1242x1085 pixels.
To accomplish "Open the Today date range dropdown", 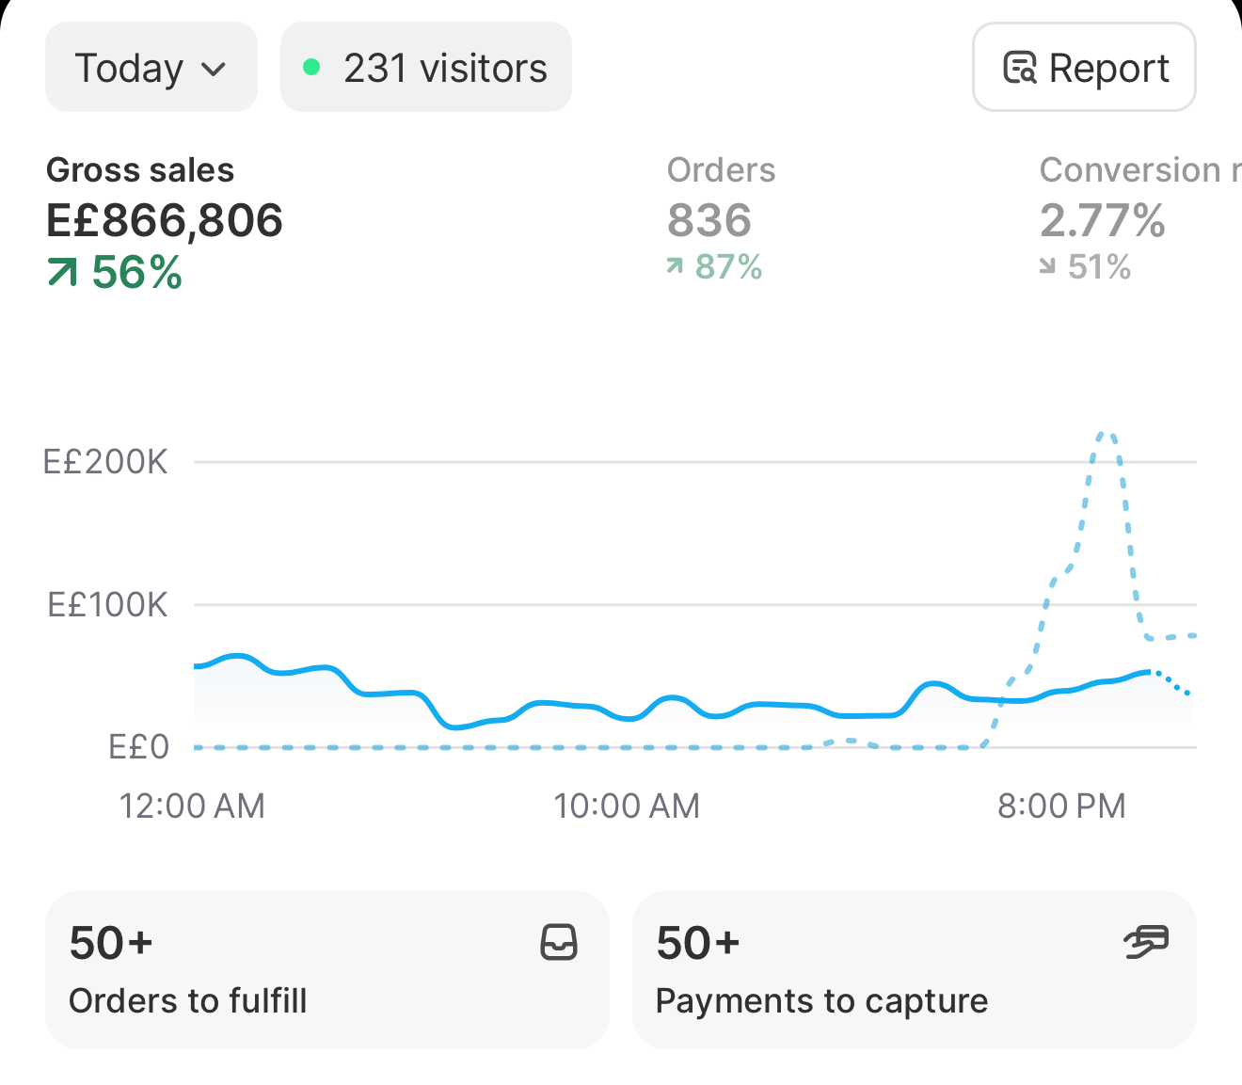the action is point(151,67).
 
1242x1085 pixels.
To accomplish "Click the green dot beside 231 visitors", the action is point(311,67).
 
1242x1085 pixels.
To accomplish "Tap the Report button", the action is point(1084,67).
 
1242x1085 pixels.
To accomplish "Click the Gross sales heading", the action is point(140,170).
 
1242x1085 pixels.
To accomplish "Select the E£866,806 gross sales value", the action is point(165,220).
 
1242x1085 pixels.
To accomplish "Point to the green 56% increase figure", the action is point(115,272).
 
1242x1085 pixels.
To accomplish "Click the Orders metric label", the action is point(721,170).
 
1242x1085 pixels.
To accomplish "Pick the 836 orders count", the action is point(709,220).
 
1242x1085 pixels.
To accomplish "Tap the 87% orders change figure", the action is point(714,266).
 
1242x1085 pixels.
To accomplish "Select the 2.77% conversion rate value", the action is point(1103,220).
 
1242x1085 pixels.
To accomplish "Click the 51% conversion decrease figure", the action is point(1085,266).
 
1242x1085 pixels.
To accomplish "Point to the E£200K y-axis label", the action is point(105,462).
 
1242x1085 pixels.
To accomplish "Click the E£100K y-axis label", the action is point(107,605).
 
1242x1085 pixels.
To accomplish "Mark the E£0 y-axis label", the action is point(138,747).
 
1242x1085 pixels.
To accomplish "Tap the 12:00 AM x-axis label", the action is point(192,806).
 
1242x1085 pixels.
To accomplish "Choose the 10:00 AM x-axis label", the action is point(627,806).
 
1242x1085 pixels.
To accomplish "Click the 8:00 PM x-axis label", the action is point(1061,806).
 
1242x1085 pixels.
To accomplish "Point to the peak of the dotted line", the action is point(1106,433).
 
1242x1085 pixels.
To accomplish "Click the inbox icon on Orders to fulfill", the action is point(559,942).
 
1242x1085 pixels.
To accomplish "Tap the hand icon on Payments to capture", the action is point(1146,942).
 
